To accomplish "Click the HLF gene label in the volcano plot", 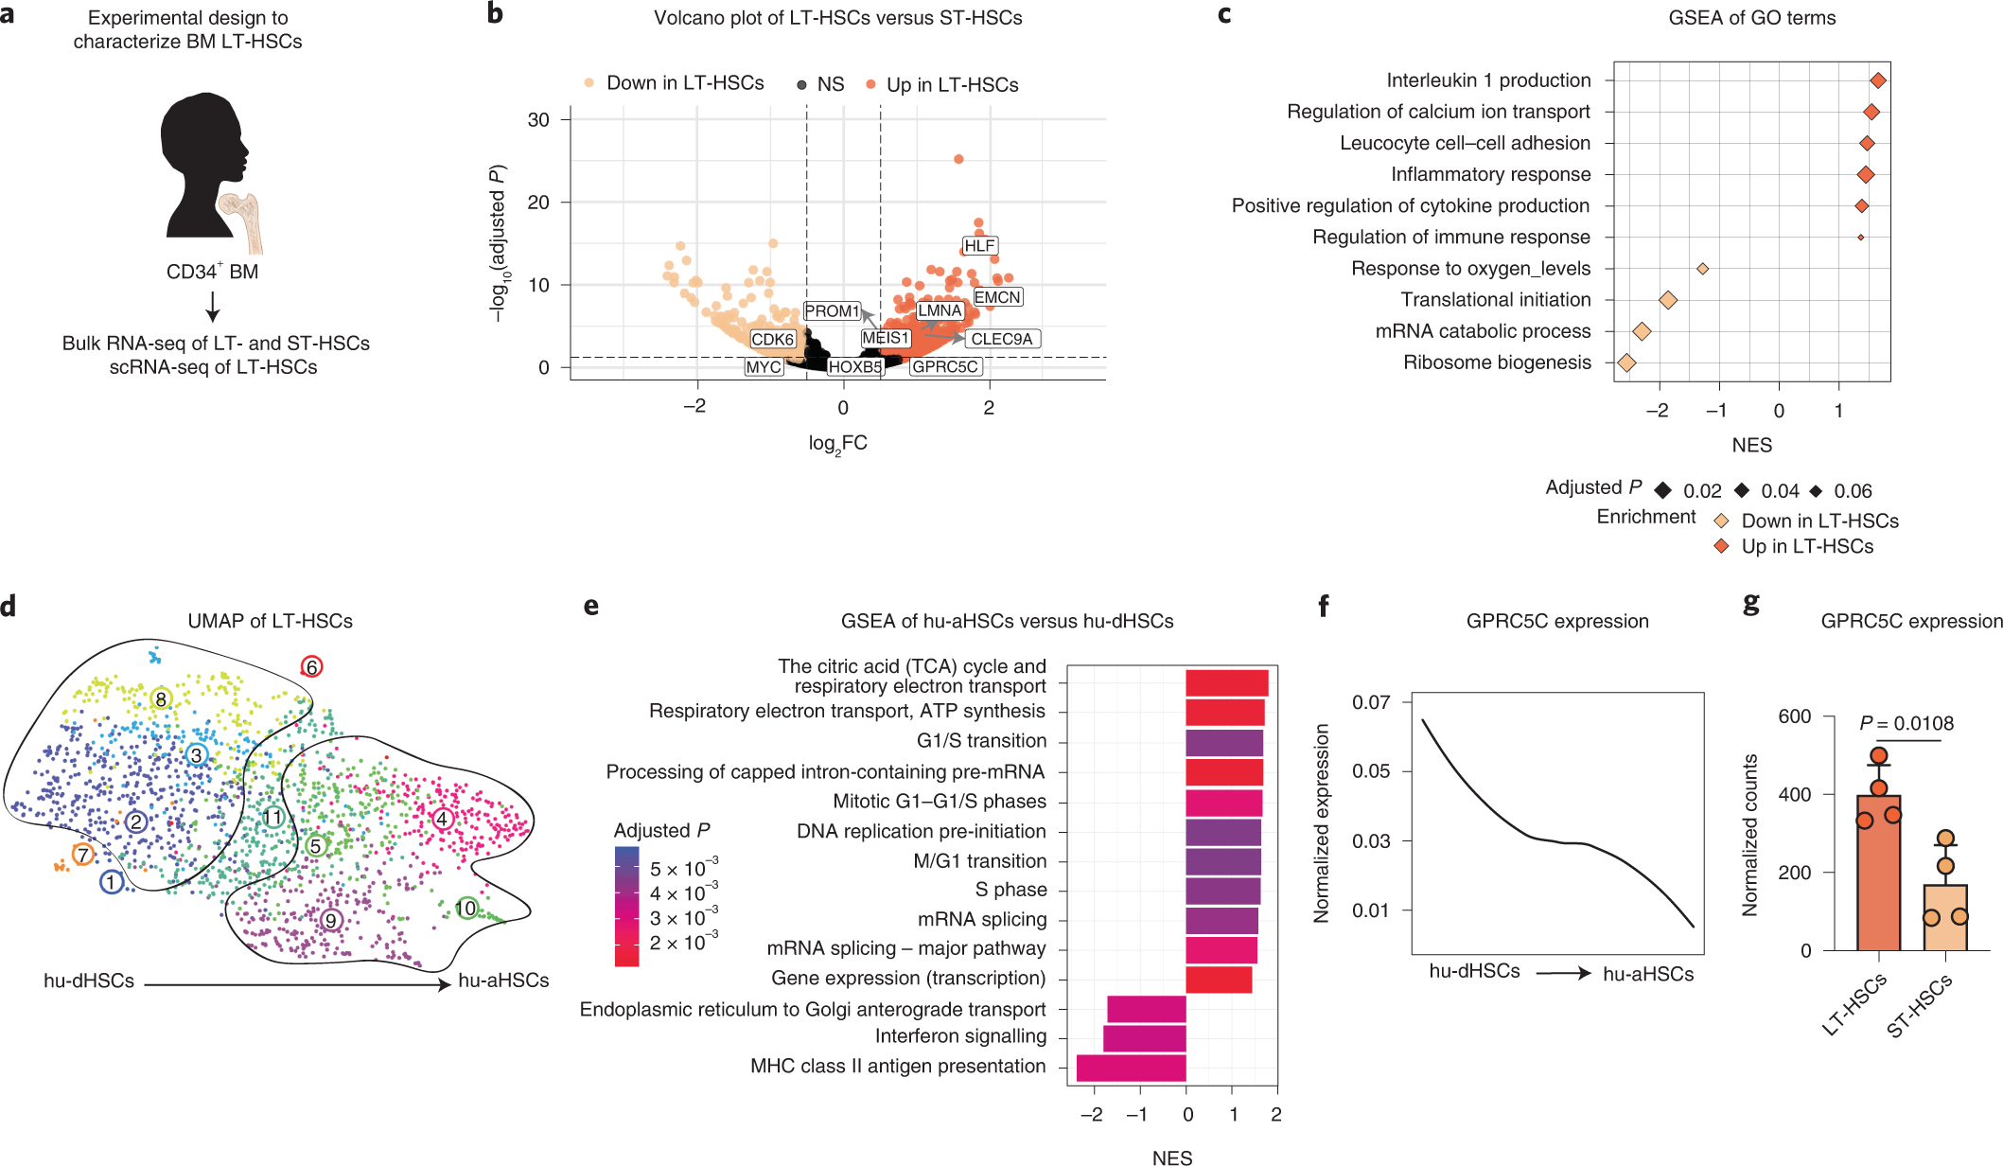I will pyautogui.click(x=979, y=246).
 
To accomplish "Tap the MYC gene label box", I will pyautogui.click(x=764, y=367).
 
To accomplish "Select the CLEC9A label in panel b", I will pyautogui.click(x=1002, y=339).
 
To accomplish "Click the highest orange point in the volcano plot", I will pyautogui.click(x=958, y=159).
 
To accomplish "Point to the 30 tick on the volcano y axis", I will pyautogui.click(x=538, y=120).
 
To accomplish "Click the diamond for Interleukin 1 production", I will pyautogui.click(x=1878, y=81).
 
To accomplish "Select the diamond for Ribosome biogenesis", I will pyautogui.click(x=1626, y=362).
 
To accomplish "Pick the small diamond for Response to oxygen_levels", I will pyautogui.click(x=1702, y=269).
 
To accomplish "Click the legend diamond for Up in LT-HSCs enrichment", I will pyautogui.click(x=1721, y=546).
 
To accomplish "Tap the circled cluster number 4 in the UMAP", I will pyautogui.click(x=442, y=819).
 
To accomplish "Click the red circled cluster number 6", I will pyautogui.click(x=311, y=666).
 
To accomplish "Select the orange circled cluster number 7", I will pyautogui.click(x=83, y=855).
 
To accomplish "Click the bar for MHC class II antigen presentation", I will pyautogui.click(x=1131, y=1068).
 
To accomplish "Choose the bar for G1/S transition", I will pyautogui.click(x=1223, y=742).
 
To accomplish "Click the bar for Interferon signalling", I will pyautogui.click(x=1144, y=1038).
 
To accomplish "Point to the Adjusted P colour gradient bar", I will pyautogui.click(x=626, y=906).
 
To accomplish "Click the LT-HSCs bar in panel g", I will pyautogui.click(x=1878, y=871).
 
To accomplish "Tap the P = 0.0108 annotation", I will pyautogui.click(x=1906, y=724).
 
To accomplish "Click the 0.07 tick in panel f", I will pyautogui.click(x=1371, y=702).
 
